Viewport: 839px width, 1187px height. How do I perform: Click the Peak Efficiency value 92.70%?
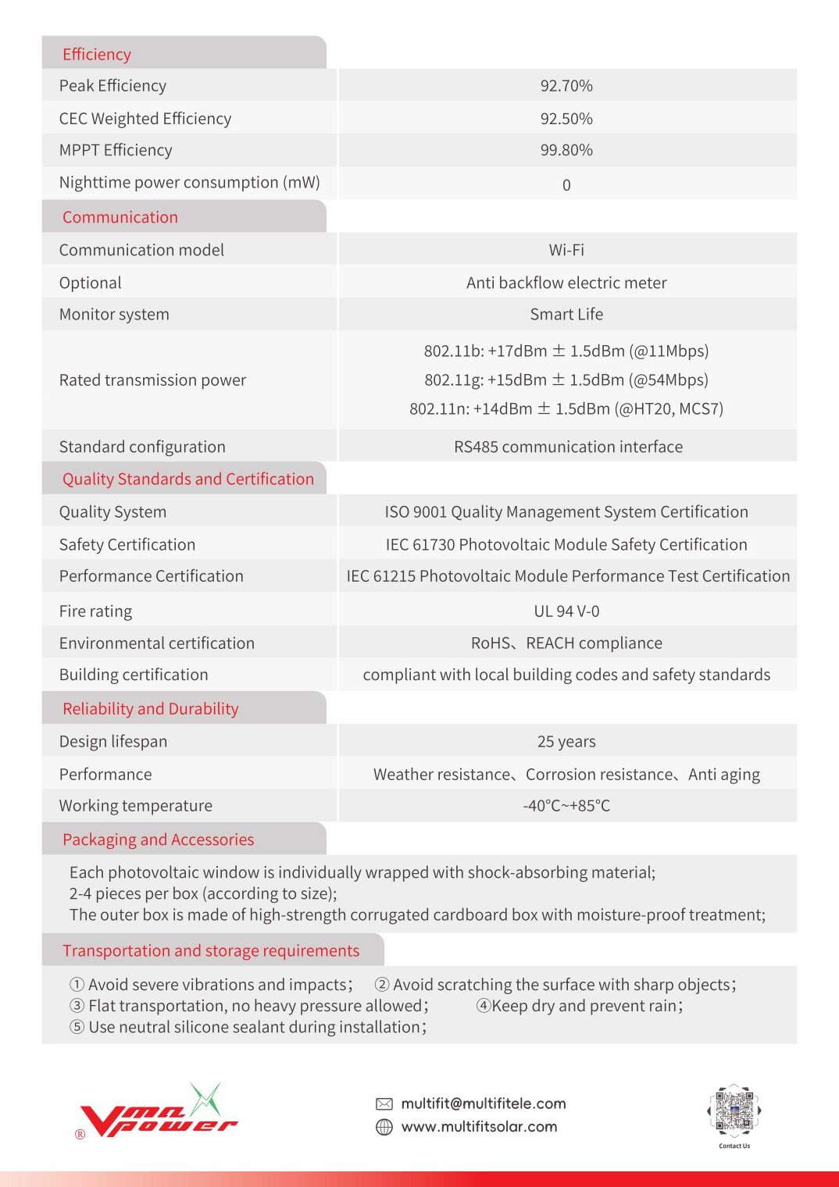pyautogui.click(x=566, y=86)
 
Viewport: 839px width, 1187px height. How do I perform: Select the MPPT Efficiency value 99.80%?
pyautogui.click(x=566, y=150)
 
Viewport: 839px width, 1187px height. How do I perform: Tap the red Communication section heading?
pyautogui.click(x=120, y=217)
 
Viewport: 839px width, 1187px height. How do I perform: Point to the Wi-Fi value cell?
pyautogui.click(x=566, y=250)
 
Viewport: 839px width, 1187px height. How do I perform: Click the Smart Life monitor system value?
pyautogui.click(x=566, y=314)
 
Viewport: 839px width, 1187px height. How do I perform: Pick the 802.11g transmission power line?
pyautogui.click(x=566, y=380)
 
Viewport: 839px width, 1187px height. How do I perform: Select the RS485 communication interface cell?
pyautogui.click(x=568, y=447)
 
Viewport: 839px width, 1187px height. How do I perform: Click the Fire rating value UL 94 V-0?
pyautogui.click(x=566, y=611)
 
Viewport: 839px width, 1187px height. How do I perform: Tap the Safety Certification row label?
pyautogui.click(x=127, y=544)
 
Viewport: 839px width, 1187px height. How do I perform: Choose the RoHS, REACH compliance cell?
pyautogui.click(x=566, y=643)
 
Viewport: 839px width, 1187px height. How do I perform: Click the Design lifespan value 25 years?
pyautogui.click(x=566, y=741)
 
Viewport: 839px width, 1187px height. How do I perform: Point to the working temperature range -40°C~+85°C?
pyautogui.click(x=566, y=805)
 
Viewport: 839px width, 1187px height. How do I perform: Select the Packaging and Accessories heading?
pyautogui.click(x=158, y=839)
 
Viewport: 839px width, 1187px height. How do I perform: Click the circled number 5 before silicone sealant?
pyautogui.click(x=77, y=1027)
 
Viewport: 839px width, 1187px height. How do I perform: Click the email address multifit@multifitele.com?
pyautogui.click(x=483, y=1103)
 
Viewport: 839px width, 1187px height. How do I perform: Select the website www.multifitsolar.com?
pyautogui.click(x=479, y=1127)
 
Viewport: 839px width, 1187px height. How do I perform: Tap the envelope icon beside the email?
pyautogui.click(x=384, y=1103)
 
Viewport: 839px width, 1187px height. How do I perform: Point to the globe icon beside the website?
pyautogui.click(x=384, y=1127)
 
